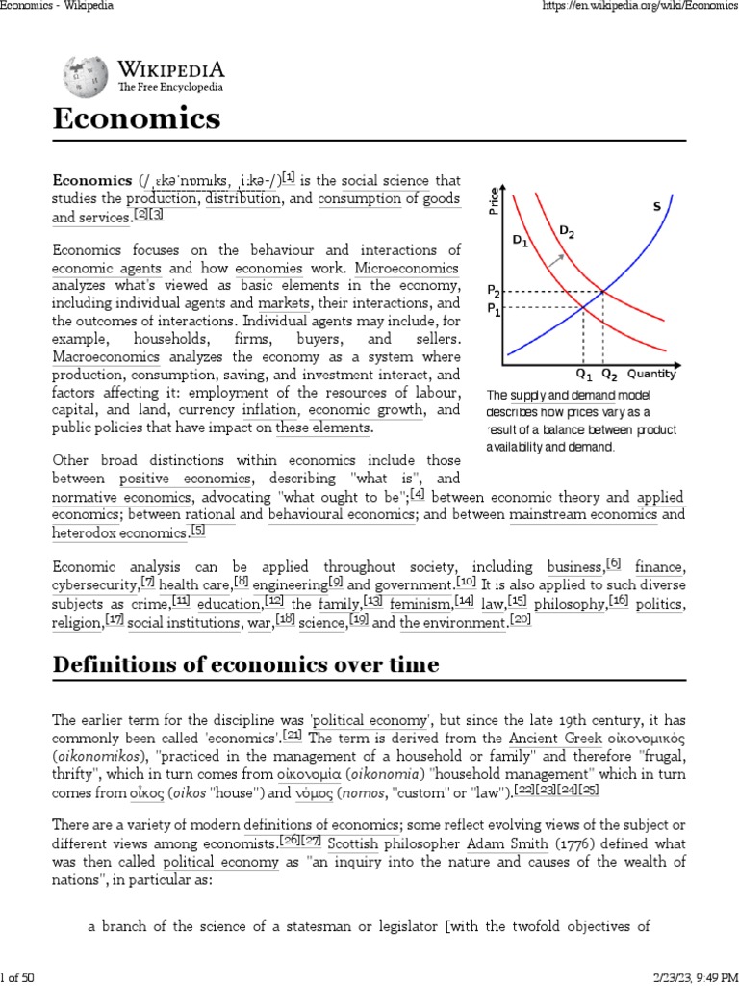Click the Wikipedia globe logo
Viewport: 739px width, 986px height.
[x=85, y=77]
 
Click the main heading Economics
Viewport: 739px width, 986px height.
[x=136, y=119]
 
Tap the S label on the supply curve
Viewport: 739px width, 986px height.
[x=656, y=206]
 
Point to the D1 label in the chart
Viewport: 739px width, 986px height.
[x=520, y=240]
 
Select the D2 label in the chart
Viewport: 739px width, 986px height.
[x=568, y=231]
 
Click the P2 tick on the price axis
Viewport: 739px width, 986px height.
[x=493, y=290]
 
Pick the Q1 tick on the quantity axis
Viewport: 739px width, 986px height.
[x=584, y=374]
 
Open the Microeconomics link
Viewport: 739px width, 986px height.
[x=407, y=268]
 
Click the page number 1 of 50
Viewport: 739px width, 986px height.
[x=18, y=977]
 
